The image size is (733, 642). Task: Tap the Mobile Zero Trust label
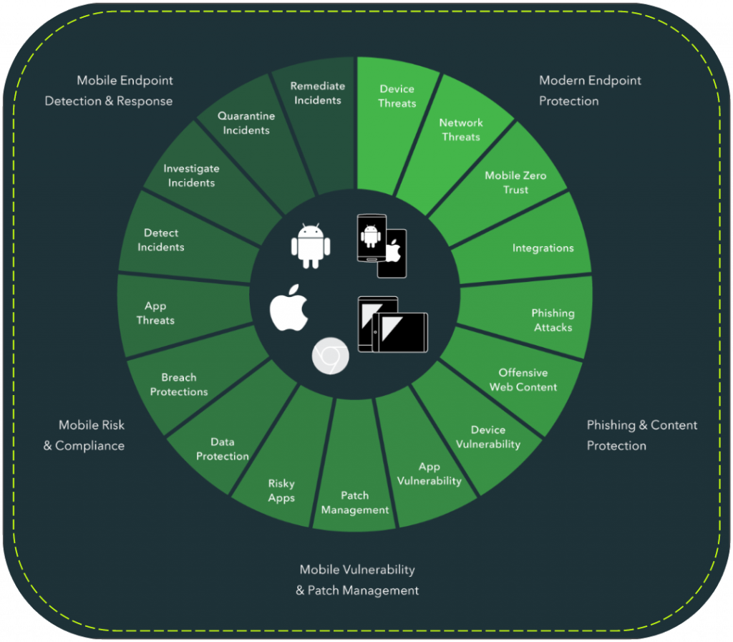click(x=515, y=183)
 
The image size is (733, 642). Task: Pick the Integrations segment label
click(x=543, y=248)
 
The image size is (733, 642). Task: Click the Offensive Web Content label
click(x=523, y=380)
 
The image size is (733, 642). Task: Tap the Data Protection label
click(x=223, y=449)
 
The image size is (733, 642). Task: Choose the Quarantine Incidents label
click(x=246, y=123)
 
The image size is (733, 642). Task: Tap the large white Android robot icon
click(x=311, y=245)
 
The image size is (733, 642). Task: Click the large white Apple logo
click(x=289, y=308)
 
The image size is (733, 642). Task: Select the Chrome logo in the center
click(x=331, y=356)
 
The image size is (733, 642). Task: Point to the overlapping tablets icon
click(x=393, y=324)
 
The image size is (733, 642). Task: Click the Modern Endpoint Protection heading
click(x=590, y=91)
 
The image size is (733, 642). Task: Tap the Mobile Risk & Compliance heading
click(x=84, y=435)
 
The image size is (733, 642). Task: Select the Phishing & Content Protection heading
click(x=642, y=435)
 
